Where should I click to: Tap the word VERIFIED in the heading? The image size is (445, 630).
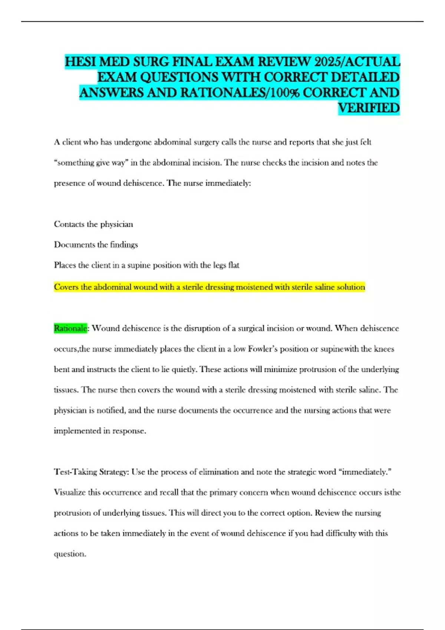(x=369, y=108)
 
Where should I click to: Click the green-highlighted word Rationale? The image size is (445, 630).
(x=70, y=328)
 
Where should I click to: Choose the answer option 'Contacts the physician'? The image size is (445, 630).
(x=93, y=224)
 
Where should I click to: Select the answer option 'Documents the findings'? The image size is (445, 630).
(x=96, y=245)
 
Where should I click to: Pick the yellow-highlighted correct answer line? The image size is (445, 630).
(x=210, y=287)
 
